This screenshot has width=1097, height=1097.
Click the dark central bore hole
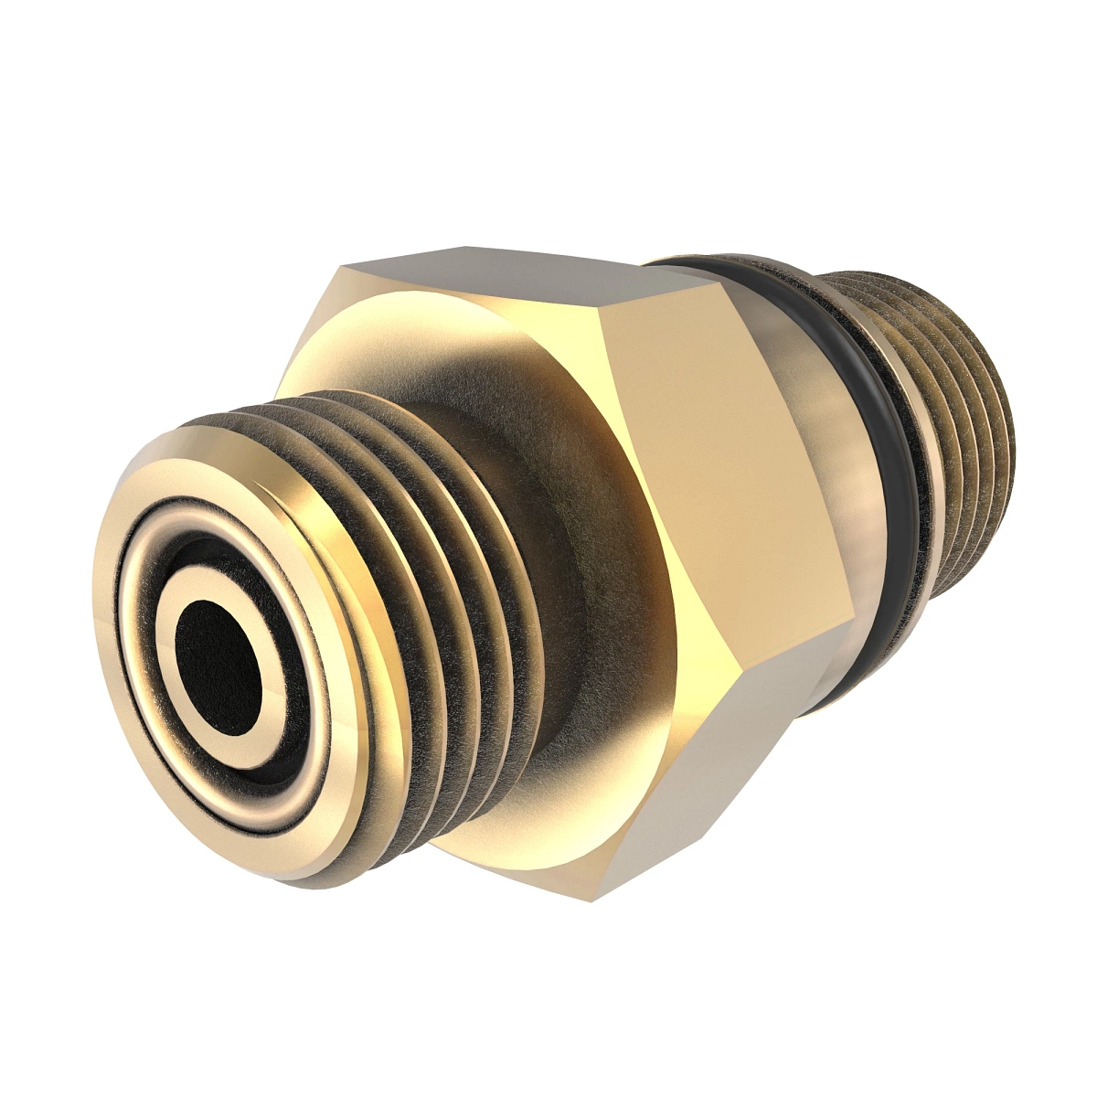(219, 658)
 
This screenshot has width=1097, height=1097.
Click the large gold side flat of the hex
(722, 475)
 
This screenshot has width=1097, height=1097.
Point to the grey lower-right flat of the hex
(722, 786)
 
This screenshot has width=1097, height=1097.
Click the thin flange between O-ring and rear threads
(905, 457)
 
